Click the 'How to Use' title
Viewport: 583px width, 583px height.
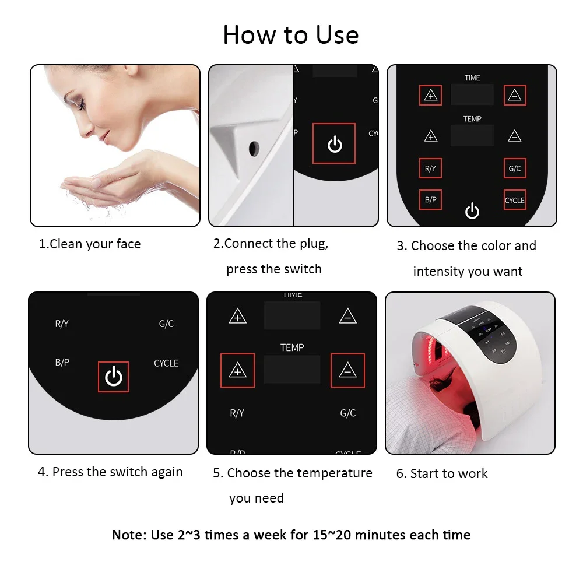[290, 35]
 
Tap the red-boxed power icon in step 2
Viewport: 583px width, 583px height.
[334, 143]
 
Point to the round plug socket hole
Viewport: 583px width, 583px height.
[254, 149]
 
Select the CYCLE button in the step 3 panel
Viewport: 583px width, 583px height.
[515, 200]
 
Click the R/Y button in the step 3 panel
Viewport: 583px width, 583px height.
[430, 168]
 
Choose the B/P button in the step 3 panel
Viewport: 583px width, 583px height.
[430, 200]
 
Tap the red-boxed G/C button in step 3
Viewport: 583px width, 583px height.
[515, 168]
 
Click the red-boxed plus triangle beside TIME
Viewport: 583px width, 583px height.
[431, 96]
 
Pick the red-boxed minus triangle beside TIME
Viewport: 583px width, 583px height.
[514, 96]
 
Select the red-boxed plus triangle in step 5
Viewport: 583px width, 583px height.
[237, 370]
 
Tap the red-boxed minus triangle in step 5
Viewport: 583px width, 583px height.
[347, 370]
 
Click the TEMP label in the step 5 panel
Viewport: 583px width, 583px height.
[292, 347]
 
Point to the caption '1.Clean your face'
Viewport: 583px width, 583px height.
[90, 244]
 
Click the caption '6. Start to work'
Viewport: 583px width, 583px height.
[442, 473]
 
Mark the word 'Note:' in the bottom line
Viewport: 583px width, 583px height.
[129, 535]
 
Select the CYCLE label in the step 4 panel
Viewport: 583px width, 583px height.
[166, 363]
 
